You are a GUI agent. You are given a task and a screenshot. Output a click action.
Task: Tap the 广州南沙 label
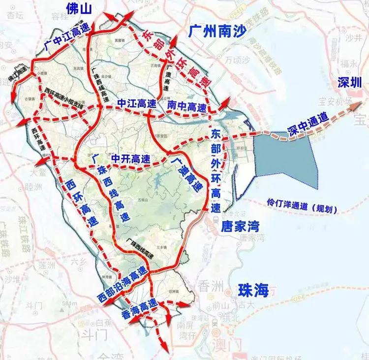click(x=217, y=31)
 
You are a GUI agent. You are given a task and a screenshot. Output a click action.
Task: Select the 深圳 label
click(x=350, y=83)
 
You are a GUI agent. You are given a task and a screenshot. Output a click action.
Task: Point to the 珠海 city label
click(x=253, y=290)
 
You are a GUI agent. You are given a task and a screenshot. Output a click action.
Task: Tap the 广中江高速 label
click(x=67, y=39)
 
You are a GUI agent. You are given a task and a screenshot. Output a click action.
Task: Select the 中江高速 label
click(x=136, y=104)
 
